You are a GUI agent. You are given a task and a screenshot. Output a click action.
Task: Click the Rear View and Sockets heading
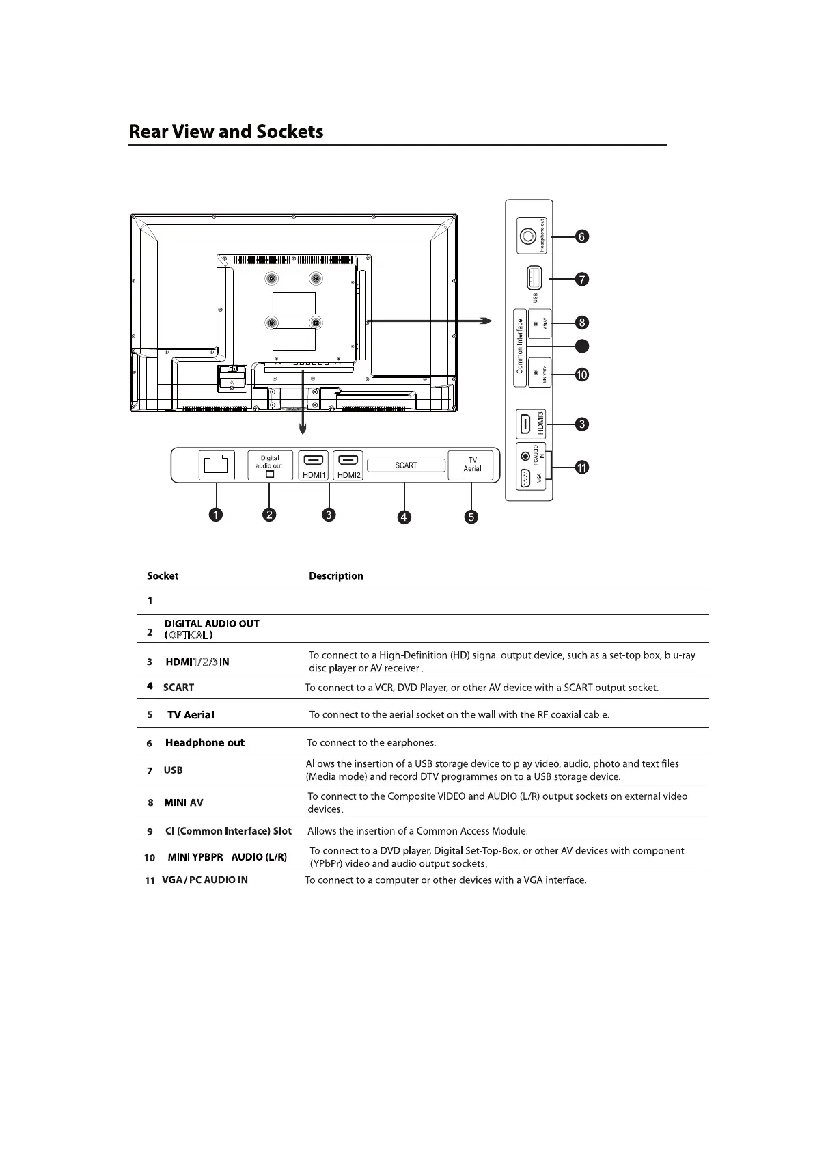(x=226, y=131)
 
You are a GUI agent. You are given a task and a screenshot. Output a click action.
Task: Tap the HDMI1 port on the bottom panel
(x=314, y=465)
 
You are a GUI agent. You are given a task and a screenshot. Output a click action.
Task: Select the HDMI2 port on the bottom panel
(x=348, y=465)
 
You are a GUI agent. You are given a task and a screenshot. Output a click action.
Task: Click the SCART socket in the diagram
(x=406, y=465)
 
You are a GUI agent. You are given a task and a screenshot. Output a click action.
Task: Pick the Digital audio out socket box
(x=270, y=465)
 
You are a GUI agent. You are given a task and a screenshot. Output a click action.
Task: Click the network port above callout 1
(x=216, y=465)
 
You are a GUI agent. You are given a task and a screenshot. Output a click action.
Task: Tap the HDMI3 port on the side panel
(x=525, y=424)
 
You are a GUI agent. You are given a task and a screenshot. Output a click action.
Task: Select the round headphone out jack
(x=527, y=236)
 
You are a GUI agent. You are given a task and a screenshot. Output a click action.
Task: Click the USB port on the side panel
(x=533, y=279)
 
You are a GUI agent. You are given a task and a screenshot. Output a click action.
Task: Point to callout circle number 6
(x=581, y=236)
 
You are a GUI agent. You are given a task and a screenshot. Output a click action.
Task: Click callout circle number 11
(x=581, y=468)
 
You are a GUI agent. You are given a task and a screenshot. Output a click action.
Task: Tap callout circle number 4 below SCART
(x=404, y=517)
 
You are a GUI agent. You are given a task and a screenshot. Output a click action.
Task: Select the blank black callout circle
(x=581, y=347)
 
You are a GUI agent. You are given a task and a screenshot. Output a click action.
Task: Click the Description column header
(x=335, y=575)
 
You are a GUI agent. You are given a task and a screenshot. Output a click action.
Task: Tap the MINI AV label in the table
(x=184, y=802)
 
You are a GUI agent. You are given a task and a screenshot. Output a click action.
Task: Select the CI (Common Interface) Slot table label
(x=228, y=831)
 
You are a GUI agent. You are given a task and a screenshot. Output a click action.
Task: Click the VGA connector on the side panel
(x=525, y=478)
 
